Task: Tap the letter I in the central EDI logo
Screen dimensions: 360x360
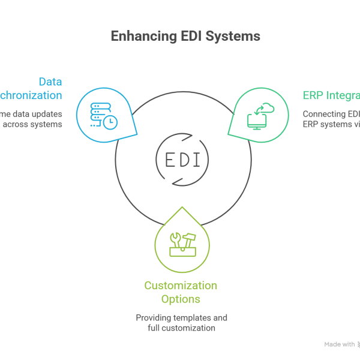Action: coord(197,160)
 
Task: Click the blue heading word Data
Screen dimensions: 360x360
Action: coord(50,82)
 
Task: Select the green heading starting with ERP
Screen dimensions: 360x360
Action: coord(331,95)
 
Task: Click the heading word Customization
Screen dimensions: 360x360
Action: coord(181,285)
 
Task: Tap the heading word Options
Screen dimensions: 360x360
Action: coord(181,298)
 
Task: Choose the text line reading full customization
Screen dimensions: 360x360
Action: coord(181,328)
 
